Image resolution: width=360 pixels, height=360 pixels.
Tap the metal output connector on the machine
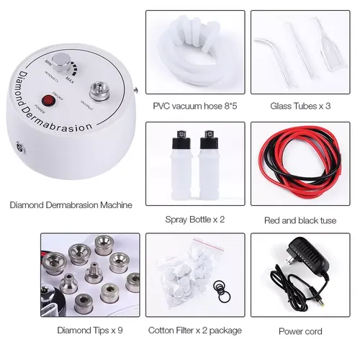point(95,91)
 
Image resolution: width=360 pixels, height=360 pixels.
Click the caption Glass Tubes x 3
point(302,106)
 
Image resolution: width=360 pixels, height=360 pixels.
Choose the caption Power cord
point(302,331)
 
